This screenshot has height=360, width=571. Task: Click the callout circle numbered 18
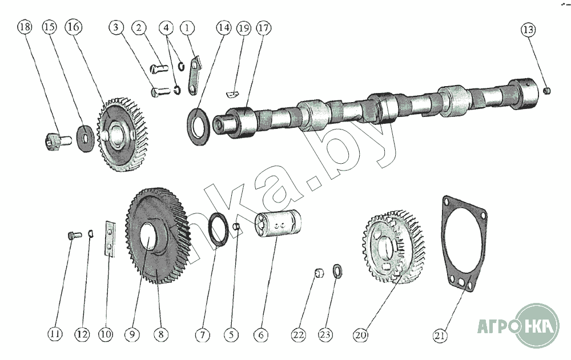pyautogui.click(x=25, y=27)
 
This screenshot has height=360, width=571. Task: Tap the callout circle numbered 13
pyautogui.click(x=528, y=30)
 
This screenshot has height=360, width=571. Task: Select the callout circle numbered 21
pyautogui.click(x=440, y=335)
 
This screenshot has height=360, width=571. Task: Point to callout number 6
pyautogui.click(x=260, y=335)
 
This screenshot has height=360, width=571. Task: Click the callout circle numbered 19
pyautogui.click(x=244, y=28)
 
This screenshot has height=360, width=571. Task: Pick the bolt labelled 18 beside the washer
pyautogui.click(x=59, y=141)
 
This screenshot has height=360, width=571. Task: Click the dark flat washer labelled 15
pyautogui.click(x=86, y=139)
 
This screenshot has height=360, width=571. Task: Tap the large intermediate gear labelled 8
pyautogui.click(x=158, y=236)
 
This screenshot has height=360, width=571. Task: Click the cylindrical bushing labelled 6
pyautogui.click(x=278, y=223)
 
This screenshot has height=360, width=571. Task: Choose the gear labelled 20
pyautogui.click(x=394, y=247)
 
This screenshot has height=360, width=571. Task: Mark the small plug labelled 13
pyautogui.click(x=546, y=90)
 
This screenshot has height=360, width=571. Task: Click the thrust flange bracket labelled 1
pyautogui.click(x=194, y=75)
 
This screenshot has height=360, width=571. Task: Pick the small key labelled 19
pyautogui.click(x=232, y=94)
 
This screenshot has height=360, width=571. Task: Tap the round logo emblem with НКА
pyautogui.click(x=537, y=325)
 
